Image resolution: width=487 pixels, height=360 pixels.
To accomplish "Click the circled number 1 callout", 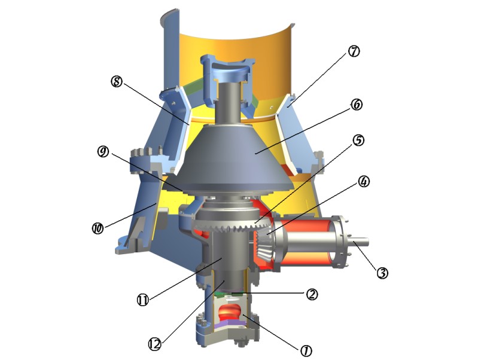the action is point(306,350).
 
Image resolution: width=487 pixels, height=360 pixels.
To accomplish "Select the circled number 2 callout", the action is point(312,294).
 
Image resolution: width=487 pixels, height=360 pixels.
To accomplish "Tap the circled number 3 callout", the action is point(382,273).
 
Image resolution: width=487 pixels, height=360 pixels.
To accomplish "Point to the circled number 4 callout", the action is point(364,182).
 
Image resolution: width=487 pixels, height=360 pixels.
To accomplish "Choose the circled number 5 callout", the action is point(358,141).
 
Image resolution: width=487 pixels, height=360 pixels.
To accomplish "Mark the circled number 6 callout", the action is point(356,105).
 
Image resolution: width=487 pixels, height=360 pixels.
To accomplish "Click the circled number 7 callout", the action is point(354,51).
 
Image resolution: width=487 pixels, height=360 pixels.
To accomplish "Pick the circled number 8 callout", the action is point(117,81).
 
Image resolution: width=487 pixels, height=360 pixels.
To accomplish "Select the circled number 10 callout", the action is point(98,228).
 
